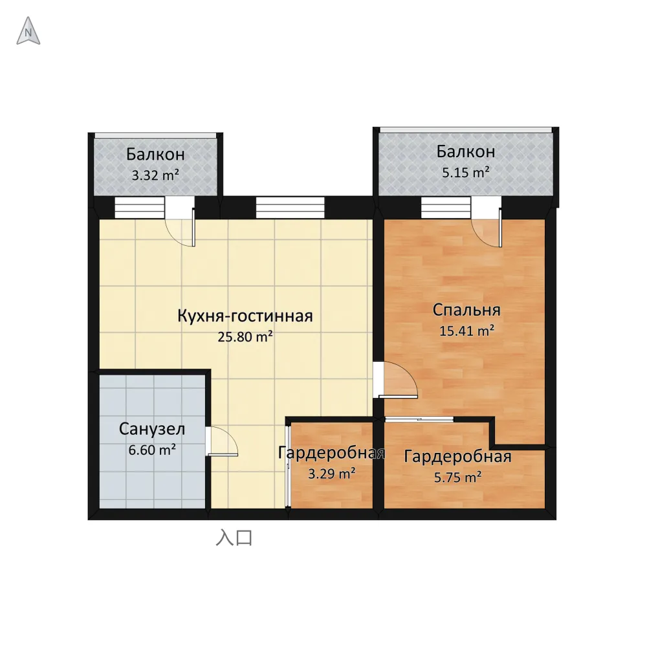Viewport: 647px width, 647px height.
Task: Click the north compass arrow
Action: click(x=28, y=31)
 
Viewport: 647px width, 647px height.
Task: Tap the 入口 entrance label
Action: click(x=234, y=538)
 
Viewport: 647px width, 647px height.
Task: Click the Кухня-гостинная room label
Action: click(x=245, y=316)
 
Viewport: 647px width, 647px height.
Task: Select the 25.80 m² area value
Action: click(x=245, y=336)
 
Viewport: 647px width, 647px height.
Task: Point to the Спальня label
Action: click(x=466, y=311)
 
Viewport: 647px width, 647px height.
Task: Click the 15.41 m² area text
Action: click(x=466, y=331)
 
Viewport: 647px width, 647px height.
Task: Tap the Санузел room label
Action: click(x=152, y=429)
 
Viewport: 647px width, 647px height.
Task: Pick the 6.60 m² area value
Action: click(x=152, y=450)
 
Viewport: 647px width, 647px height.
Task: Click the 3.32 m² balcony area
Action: click(x=155, y=175)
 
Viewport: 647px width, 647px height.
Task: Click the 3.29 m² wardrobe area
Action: click(x=332, y=474)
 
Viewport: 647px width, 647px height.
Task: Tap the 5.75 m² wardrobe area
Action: click(x=457, y=477)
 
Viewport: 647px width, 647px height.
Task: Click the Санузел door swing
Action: click(x=222, y=441)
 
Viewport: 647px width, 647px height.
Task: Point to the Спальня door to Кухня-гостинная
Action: click(x=396, y=380)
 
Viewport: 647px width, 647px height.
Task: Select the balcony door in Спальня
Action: click(x=487, y=222)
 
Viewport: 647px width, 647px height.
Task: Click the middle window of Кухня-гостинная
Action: click(x=290, y=208)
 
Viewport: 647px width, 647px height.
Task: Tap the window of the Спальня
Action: click(x=446, y=208)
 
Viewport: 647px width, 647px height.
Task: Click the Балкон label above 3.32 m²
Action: click(x=155, y=155)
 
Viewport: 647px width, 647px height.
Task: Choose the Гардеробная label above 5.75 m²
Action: click(x=457, y=456)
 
